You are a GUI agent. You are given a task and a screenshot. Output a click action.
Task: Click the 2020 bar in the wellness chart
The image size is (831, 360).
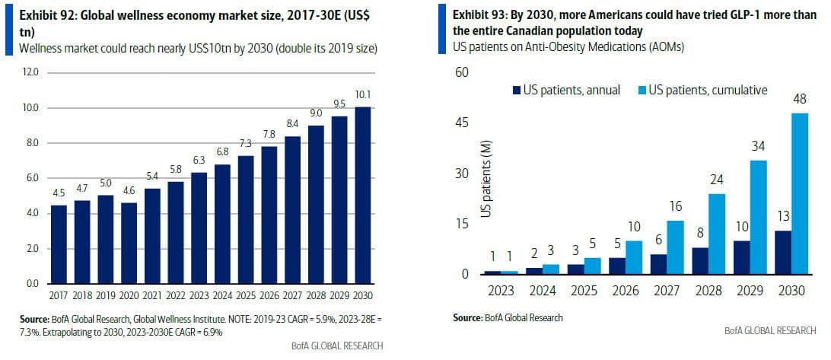[x=130, y=243]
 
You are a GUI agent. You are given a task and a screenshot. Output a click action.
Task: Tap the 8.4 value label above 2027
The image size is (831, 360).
[x=293, y=124]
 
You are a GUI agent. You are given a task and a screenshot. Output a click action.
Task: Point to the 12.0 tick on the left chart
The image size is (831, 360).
[x=30, y=73]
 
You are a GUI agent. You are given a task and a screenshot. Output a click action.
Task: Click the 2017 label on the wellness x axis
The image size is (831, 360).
[x=59, y=295]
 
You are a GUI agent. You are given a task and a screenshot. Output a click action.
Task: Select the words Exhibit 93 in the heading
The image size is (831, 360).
[x=479, y=15]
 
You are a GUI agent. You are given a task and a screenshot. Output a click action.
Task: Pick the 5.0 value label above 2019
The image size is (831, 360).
[x=107, y=183]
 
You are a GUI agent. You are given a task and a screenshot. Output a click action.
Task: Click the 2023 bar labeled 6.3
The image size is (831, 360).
[x=200, y=228]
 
